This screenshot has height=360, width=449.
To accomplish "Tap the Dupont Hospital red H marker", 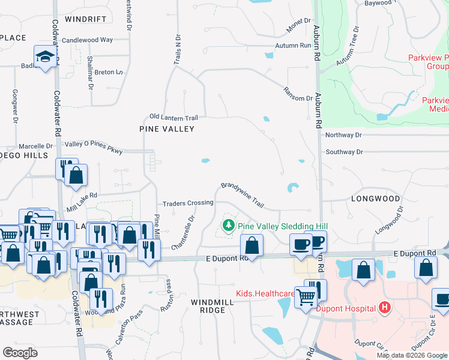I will click(x=385, y=308).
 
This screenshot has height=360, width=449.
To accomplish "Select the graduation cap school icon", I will click(x=44, y=56).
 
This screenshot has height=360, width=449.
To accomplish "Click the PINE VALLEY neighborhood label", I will click(x=167, y=129).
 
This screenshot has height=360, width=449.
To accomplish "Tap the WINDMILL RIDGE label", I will click(x=208, y=305).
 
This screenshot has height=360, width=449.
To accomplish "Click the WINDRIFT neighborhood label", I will click(x=86, y=19).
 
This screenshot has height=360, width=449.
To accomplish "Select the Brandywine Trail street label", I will click(x=243, y=195).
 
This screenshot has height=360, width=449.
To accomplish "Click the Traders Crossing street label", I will click(x=187, y=203).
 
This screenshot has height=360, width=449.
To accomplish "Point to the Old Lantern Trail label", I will click(x=173, y=117).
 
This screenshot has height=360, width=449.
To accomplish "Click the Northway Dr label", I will click(x=344, y=136).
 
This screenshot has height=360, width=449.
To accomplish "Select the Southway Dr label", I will click(x=344, y=152).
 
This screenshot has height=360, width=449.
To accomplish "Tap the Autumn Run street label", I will click(x=293, y=46).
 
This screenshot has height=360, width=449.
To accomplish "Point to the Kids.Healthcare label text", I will click(x=265, y=294).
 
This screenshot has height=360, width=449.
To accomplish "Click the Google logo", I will click(x=20, y=353).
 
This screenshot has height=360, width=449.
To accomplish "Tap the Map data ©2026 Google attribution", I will click(x=411, y=355).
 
